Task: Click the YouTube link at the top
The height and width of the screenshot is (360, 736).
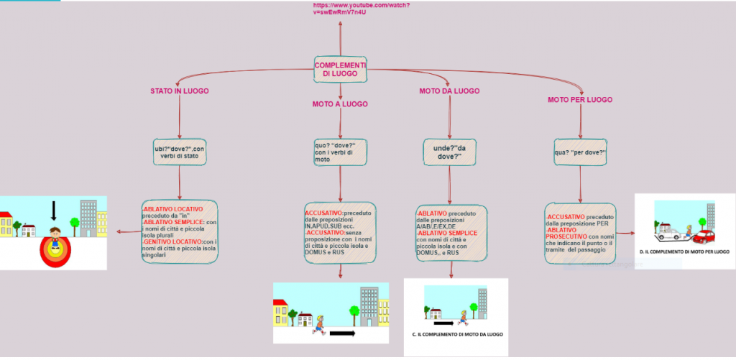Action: (341, 9)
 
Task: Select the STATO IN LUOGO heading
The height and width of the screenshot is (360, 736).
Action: (180, 92)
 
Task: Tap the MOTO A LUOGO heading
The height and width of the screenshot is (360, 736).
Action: (340, 104)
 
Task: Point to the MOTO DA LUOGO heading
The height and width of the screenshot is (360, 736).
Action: (449, 91)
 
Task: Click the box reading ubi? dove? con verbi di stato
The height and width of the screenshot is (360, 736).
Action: (180, 153)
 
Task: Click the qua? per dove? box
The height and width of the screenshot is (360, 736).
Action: (580, 152)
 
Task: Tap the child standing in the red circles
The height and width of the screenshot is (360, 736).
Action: (54, 236)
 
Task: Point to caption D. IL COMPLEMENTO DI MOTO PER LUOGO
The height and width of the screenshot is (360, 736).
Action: (684, 252)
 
